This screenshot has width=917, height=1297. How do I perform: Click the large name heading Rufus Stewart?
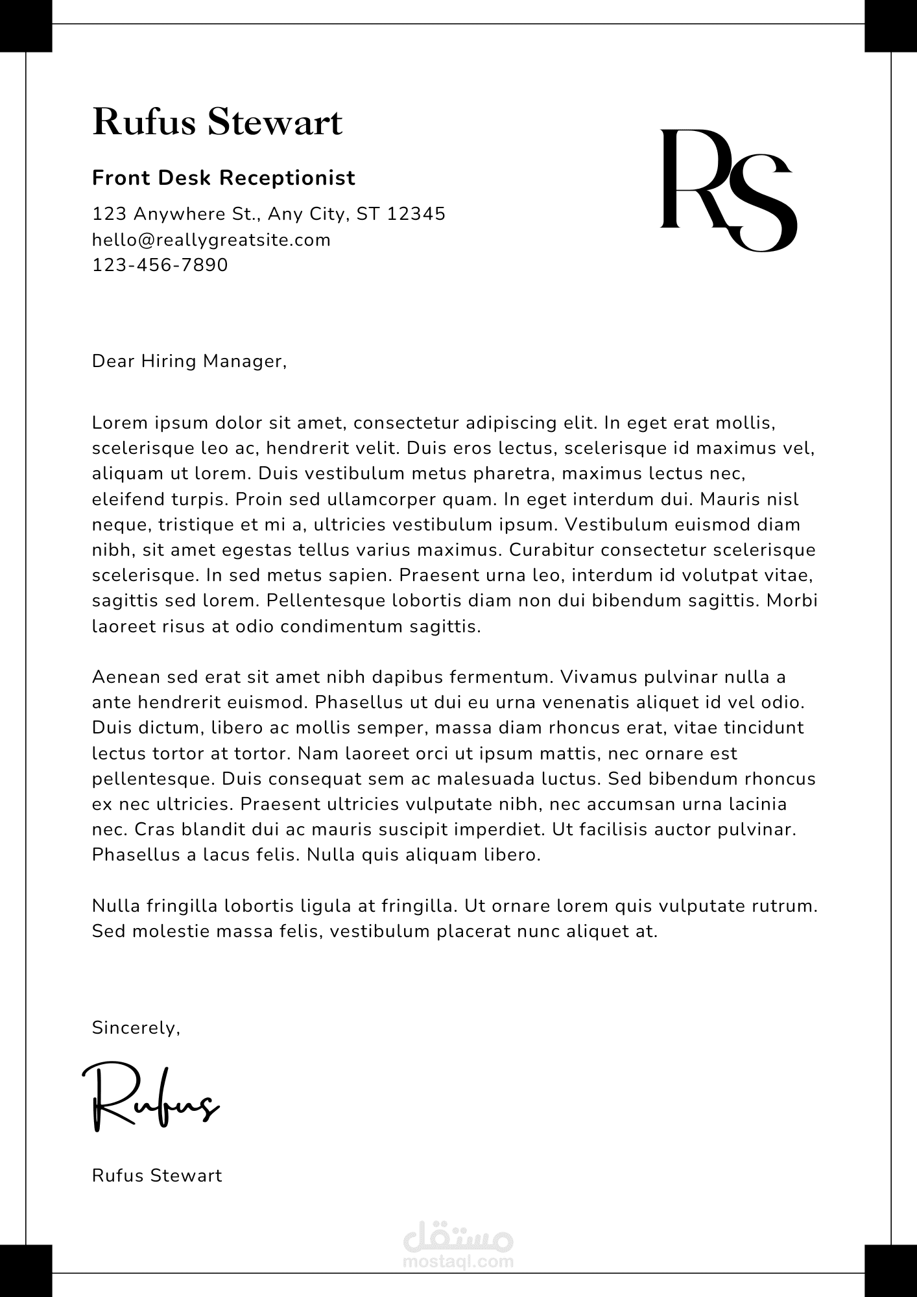(217, 122)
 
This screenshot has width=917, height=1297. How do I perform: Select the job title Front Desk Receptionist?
(224, 178)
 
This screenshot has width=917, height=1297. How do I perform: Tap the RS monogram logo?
(728, 189)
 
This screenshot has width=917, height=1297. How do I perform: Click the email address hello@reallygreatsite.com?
(211, 240)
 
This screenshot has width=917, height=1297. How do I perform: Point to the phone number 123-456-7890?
(160, 265)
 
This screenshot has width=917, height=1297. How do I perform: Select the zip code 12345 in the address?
(416, 214)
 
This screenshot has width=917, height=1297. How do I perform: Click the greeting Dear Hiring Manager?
(189, 361)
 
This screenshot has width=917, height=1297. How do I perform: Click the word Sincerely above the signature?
(136, 1028)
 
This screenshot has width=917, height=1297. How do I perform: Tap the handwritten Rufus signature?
(150, 1095)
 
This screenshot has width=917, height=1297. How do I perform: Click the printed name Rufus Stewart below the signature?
(157, 1176)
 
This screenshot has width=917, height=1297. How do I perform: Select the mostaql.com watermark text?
(458, 1261)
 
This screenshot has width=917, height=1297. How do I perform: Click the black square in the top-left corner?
(26, 26)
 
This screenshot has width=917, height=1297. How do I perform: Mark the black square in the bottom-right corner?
(890, 1270)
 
